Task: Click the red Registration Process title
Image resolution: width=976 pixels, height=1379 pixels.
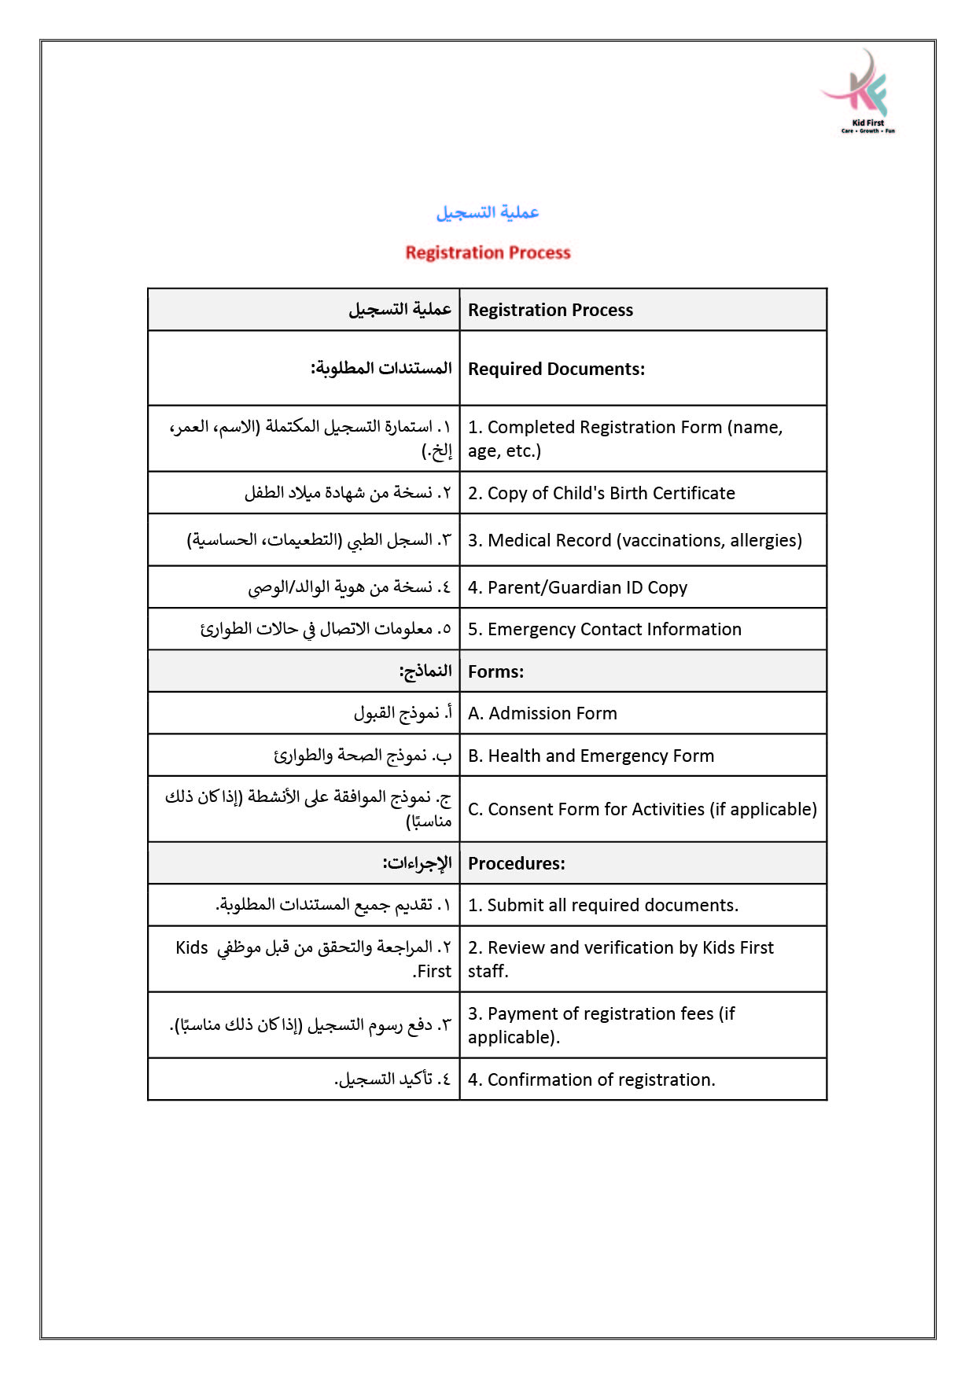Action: point(488,252)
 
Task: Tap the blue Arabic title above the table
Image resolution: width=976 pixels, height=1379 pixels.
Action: point(488,212)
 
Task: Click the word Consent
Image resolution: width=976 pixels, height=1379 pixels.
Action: point(518,809)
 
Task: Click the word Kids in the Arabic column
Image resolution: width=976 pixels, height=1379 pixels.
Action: point(192,947)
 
